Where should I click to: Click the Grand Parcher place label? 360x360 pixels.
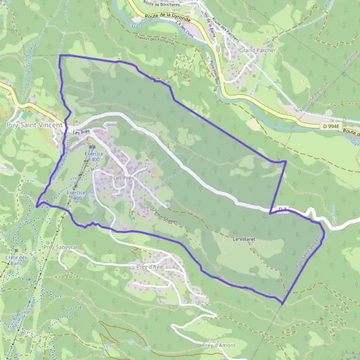pos(257,50)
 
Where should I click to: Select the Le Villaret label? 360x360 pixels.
pos(244,238)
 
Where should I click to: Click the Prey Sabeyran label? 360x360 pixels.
pos(61,247)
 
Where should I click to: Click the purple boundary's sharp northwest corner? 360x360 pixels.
pos(59,55)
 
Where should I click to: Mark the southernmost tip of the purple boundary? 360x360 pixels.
pos(281,302)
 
